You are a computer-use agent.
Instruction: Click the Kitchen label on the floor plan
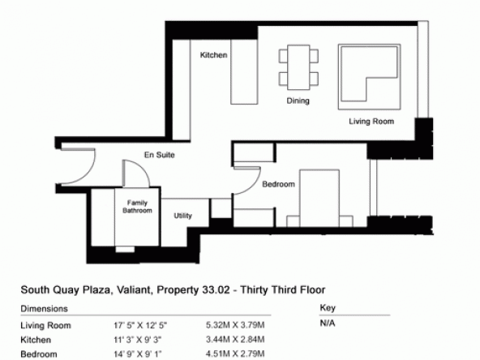point(214,55)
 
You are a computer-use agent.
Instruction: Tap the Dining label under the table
point(298,101)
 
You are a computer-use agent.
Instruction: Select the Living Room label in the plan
point(371,122)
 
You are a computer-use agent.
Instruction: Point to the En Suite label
point(160,155)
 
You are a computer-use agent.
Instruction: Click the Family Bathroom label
point(137,207)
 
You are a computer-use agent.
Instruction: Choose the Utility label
point(182,216)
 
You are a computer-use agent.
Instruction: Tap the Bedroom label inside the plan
point(279,184)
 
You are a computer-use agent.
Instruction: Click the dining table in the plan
point(298,67)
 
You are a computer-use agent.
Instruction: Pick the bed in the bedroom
point(319,199)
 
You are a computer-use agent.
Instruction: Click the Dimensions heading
point(44,309)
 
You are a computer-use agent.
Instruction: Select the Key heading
point(328,307)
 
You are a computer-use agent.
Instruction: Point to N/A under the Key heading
point(328,324)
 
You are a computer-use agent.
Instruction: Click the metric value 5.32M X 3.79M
point(235,325)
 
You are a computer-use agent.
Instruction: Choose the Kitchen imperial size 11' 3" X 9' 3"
point(138,340)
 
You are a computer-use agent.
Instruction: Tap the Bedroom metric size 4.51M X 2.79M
point(235,354)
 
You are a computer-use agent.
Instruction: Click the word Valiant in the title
point(133,290)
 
